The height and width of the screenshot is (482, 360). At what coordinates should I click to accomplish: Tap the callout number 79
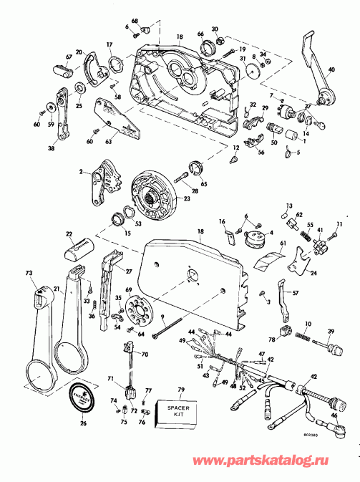[181, 390]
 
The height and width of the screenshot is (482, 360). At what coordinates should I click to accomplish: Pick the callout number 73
[29, 274]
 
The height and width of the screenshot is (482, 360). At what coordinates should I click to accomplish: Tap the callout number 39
[331, 332]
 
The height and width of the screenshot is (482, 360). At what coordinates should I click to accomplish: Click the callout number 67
[49, 58]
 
